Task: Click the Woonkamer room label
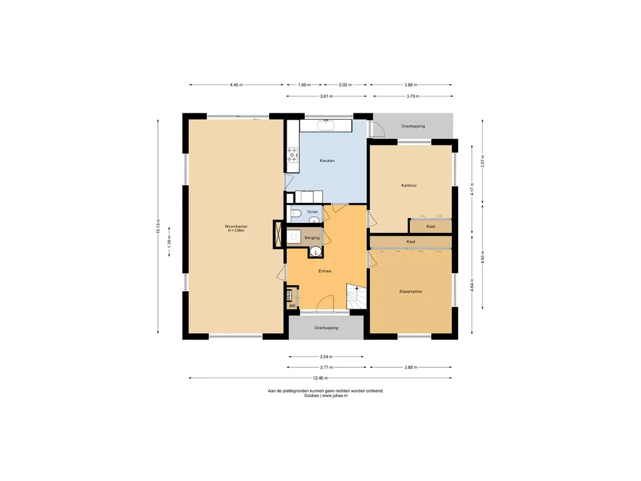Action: pos(236,226)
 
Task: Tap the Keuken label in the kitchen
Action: pos(327,161)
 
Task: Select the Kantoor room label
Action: pos(409,185)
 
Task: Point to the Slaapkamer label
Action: pos(411,292)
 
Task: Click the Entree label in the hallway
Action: pos(325,271)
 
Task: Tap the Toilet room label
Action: pos(312,212)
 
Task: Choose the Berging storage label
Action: pos(312,237)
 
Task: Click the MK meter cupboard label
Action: pos(292,306)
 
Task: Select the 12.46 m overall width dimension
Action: pos(320,378)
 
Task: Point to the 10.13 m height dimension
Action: pos(158,226)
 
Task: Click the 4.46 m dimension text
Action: pos(236,85)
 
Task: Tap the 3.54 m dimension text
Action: pos(326,356)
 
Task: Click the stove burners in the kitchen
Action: pos(292,155)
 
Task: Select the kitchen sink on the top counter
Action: pos(326,125)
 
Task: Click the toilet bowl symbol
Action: pos(296,213)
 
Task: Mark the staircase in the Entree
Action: pos(356,296)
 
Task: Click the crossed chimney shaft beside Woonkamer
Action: pos(278,234)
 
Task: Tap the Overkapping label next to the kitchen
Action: pos(413,126)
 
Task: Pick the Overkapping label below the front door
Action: pos(326,328)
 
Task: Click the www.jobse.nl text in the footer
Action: pos(335,396)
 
